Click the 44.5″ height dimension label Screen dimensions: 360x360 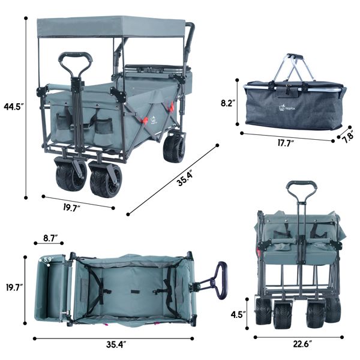click(x=14, y=107)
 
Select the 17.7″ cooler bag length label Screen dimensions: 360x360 click(x=286, y=143)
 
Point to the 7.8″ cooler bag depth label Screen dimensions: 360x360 click(x=349, y=137)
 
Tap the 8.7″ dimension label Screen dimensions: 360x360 click(x=50, y=238)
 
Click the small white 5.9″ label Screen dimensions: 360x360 click(x=49, y=260)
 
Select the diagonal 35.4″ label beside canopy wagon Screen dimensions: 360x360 click(x=184, y=179)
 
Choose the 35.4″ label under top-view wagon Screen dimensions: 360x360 click(x=116, y=344)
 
